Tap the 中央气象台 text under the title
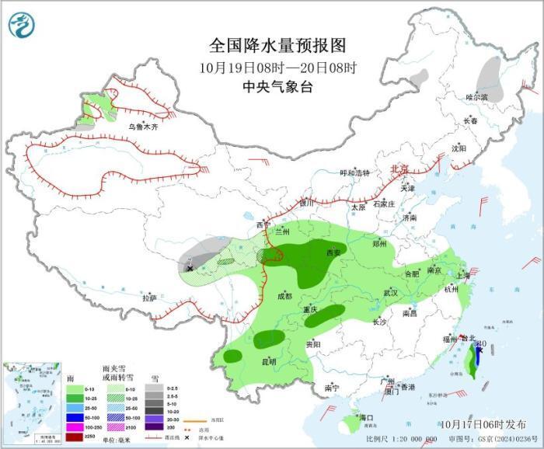271,87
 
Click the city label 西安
333,252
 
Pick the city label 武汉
390,293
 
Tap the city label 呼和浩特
357,173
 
